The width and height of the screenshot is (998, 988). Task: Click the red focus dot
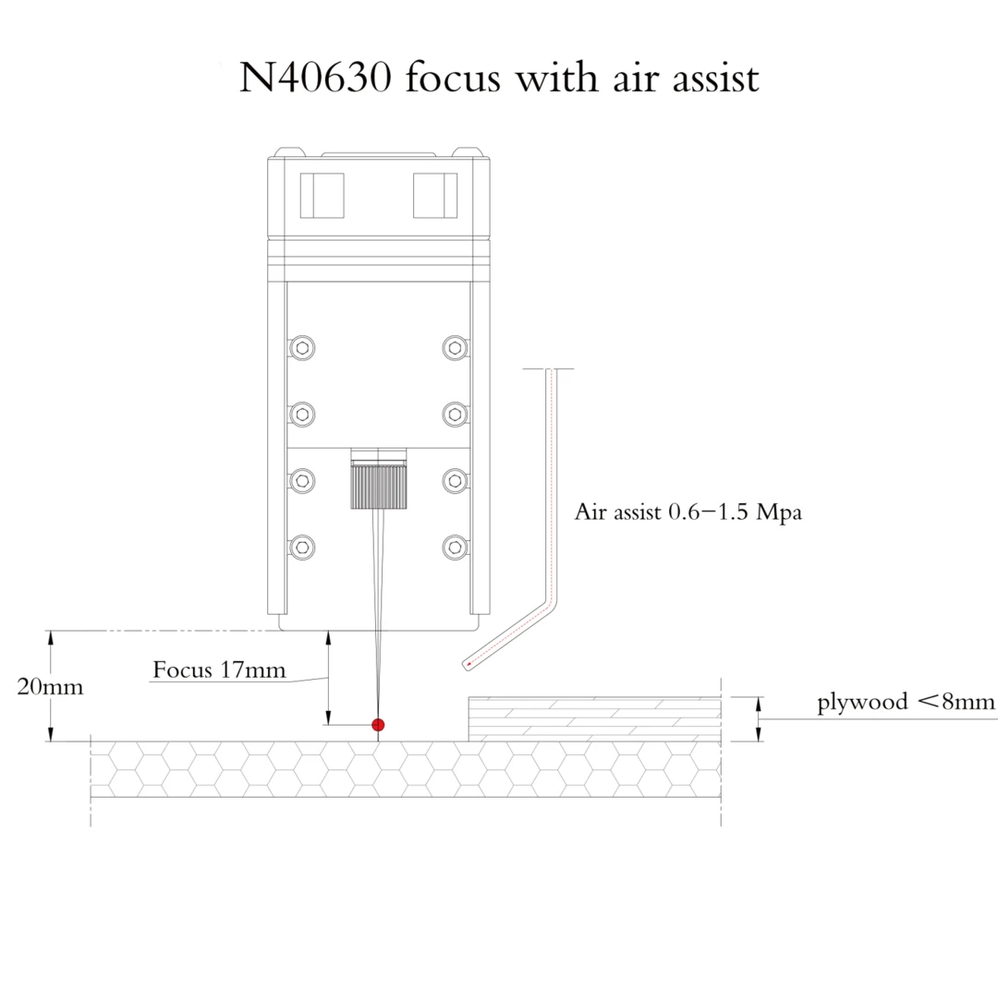[x=377, y=725]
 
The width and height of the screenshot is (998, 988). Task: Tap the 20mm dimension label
[x=50, y=687]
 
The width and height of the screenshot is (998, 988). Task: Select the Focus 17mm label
[x=219, y=669]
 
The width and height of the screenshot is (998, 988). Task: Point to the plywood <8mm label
[x=906, y=702]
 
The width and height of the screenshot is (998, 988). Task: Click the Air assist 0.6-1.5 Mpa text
[x=688, y=512]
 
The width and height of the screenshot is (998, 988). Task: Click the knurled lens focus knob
[x=377, y=488]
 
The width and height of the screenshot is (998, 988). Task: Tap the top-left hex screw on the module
[x=302, y=347]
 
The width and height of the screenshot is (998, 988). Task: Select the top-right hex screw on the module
[x=453, y=347]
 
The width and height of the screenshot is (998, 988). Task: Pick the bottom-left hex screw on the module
[x=302, y=547]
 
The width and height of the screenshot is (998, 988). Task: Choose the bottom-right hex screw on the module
[x=453, y=547]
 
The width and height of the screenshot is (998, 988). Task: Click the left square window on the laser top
[x=322, y=196]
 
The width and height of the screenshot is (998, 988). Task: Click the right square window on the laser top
[x=434, y=196]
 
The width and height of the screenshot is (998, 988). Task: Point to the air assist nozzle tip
[x=467, y=664]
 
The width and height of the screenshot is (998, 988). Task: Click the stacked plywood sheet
[x=595, y=719]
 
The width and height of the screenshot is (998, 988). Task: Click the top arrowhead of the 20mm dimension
[x=52, y=636]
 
